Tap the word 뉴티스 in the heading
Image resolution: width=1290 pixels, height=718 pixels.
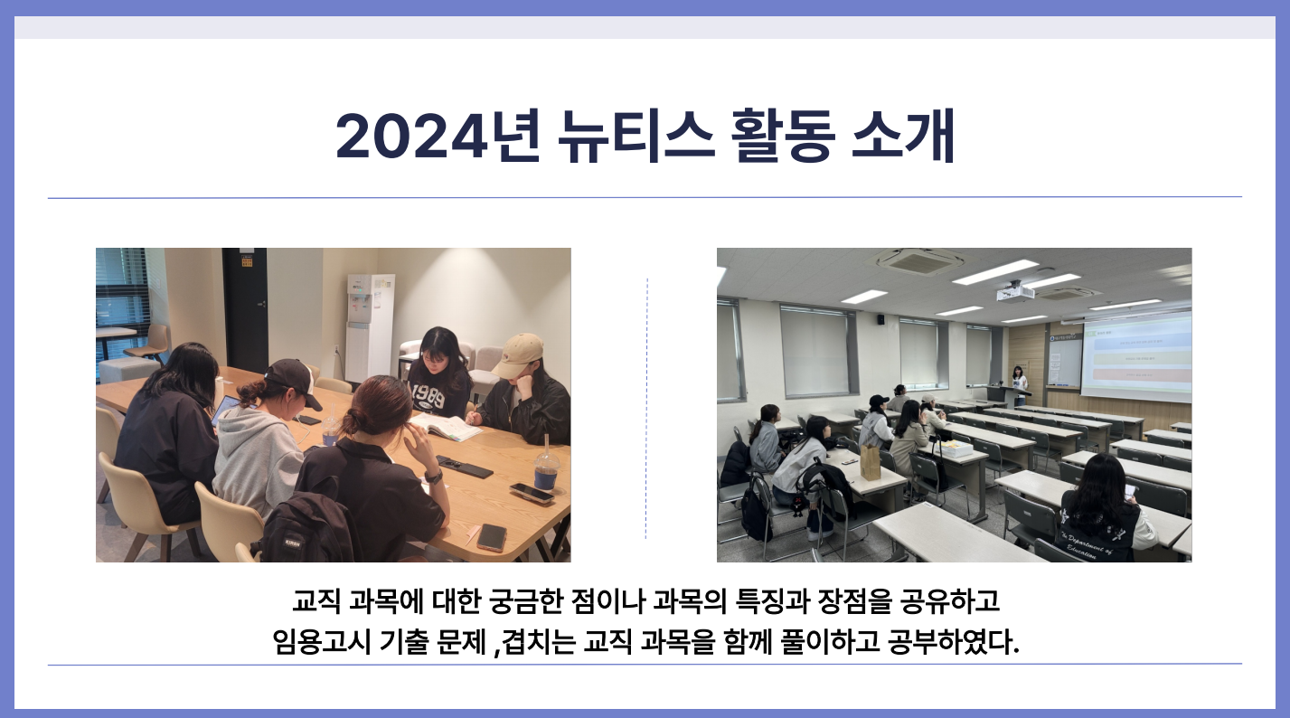(x=636, y=136)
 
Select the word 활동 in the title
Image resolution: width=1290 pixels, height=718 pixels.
(x=783, y=136)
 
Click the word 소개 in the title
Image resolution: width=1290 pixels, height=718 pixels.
(x=903, y=136)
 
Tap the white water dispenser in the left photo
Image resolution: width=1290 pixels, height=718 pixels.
(x=369, y=327)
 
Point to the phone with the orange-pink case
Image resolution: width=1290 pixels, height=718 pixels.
(x=491, y=537)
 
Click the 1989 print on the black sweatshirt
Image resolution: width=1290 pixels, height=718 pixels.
(x=427, y=396)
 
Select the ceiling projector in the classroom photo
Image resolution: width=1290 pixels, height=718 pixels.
(x=1015, y=292)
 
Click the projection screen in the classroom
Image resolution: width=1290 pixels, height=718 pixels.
(x=1136, y=357)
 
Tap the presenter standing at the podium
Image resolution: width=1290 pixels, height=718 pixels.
(x=1019, y=384)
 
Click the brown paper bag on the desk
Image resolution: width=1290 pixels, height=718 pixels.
(x=870, y=462)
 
